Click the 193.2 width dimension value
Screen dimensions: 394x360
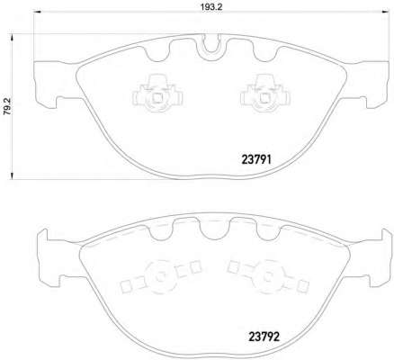(x=211, y=6)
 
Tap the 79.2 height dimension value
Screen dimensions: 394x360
(x=7, y=107)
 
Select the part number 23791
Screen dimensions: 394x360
(x=256, y=160)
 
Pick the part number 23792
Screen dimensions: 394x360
(x=264, y=337)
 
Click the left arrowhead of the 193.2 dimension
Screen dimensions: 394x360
(x=37, y=12)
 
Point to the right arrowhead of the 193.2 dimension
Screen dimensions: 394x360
(x=385, y=12)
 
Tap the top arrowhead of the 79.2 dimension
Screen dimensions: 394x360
(x=12, y=38)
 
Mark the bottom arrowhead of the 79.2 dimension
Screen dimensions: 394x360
(x=12, y=175)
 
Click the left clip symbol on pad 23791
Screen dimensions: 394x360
(x=157, y=94)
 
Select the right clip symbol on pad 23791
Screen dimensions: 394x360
(x=265, y=94)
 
